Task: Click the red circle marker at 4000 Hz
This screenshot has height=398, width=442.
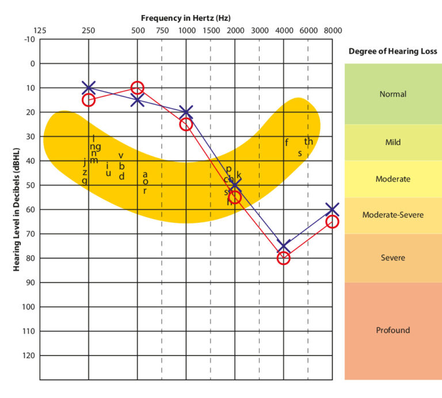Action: point(283,258)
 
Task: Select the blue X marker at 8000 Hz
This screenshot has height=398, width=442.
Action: point(332,210)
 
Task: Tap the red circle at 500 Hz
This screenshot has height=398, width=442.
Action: point(137,88)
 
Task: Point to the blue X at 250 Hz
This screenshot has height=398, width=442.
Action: point(88,88)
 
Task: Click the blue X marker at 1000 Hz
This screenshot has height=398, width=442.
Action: point(186,112)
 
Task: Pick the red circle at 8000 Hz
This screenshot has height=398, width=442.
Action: point(332,222)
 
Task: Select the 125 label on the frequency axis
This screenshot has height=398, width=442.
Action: point(40,31)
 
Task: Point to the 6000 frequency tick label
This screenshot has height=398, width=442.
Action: point(308,31)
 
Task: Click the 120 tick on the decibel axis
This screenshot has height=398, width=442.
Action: point(28,355)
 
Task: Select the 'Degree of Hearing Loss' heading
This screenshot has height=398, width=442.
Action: point(393,51)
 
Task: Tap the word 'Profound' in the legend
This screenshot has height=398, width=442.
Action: point(393,331)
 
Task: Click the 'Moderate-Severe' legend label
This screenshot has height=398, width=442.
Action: point(393,215)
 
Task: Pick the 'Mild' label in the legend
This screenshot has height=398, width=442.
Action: point(393,142)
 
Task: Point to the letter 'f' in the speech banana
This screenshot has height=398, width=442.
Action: point(287,143)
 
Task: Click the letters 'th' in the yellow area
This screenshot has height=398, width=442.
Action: point(308,142)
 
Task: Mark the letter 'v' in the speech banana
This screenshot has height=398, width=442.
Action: point(121,156)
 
